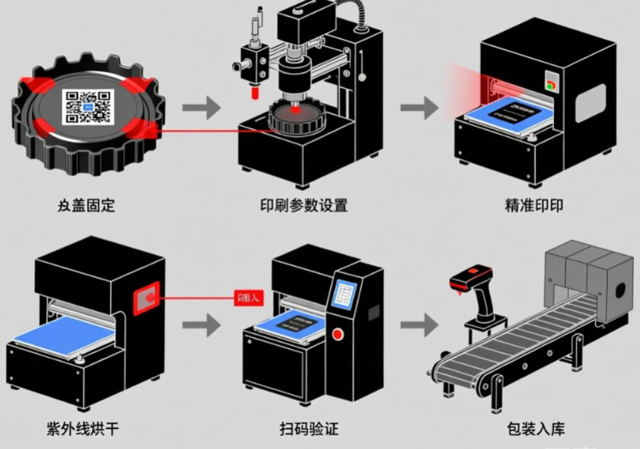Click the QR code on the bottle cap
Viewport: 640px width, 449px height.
point(87,106)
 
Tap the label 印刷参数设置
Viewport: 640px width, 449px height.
point(304,205)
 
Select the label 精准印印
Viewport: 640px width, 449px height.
point(534,205)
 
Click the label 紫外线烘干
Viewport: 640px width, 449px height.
point(81,429)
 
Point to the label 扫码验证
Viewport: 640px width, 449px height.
point(309,429)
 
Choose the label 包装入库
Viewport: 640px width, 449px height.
point(535,429)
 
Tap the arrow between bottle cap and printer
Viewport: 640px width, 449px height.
point(202,107)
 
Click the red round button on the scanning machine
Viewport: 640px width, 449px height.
point(337,333)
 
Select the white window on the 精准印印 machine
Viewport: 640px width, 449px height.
point(590,103)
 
